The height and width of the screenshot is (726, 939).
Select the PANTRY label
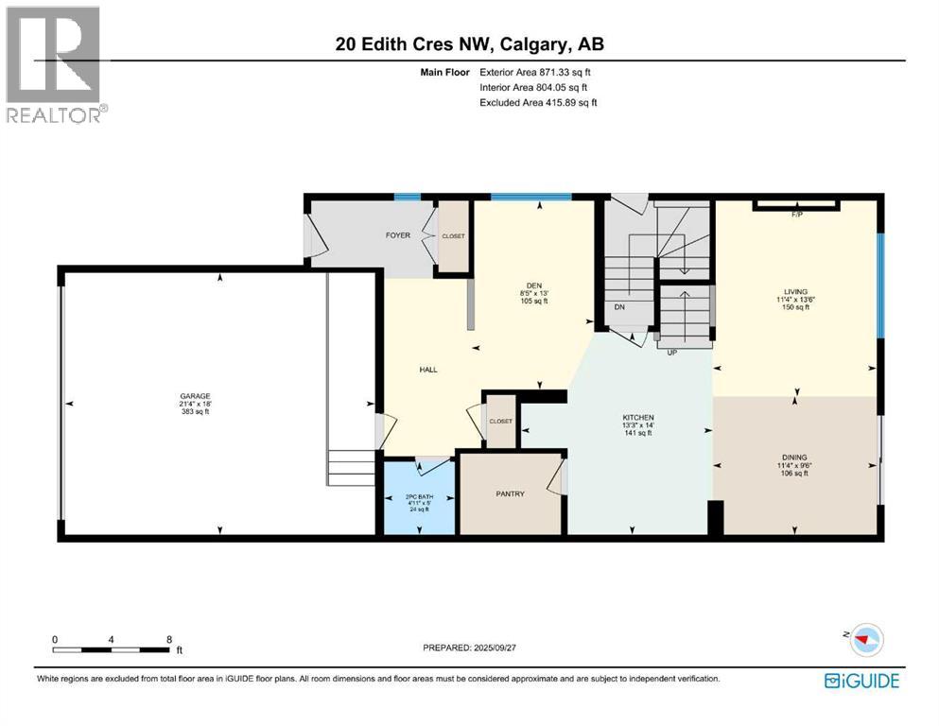[510, 493]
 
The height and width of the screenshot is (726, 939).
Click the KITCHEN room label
[638, 418]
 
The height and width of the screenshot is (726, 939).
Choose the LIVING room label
[794, 291]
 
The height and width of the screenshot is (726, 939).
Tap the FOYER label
[397, 235]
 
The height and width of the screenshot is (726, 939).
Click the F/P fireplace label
[796, 215]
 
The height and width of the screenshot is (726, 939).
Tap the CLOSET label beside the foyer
[453, 236]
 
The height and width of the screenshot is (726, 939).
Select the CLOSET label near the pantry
[500, 422]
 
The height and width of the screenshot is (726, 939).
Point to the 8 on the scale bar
[168, 639]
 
